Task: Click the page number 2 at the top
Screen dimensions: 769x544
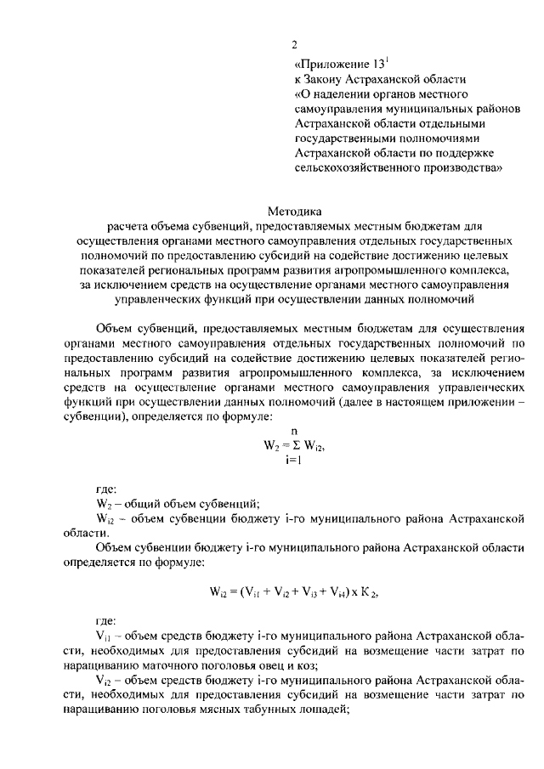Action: [293, 44]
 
